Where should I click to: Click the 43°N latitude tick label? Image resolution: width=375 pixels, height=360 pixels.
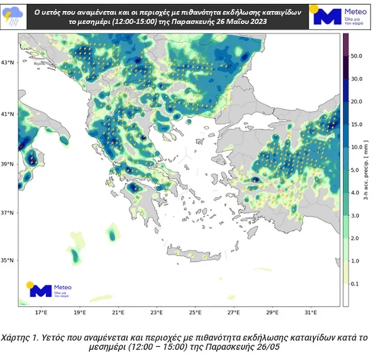point(9,62)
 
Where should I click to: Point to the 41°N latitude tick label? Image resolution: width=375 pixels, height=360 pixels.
point(9,114)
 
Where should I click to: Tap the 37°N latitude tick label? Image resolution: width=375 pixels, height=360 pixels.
point(9,213)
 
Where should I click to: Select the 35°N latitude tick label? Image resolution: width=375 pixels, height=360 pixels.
point(9,261)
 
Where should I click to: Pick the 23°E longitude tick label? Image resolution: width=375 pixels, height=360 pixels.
point(157,313)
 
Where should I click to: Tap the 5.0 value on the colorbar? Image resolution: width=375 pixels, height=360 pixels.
point(356,170)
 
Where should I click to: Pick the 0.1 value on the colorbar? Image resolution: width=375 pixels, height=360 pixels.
point(356,283)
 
